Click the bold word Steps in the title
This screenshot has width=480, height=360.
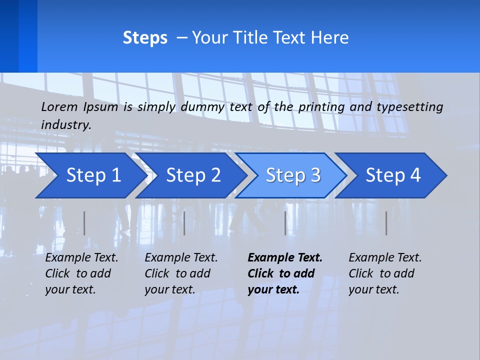pyautogui.click(x=145, y=38)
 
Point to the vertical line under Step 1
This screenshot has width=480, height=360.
pyautogui.click(x=84, y=223)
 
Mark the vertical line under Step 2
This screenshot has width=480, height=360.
pyautogui.click(x=184, y=223)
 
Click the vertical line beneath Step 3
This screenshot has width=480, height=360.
pyautogui.click(x=285, y=223)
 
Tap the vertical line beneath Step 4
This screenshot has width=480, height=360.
pyautogui.click(x=386, y=223)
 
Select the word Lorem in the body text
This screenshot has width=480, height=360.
pyautogui.click(x=59, y=106)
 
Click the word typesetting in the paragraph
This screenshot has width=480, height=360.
pyautogui.click(x=409, y=106)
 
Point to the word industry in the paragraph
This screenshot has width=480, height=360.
pyautogui.click(x=66, y=124)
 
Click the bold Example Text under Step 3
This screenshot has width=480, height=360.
pyautogui.click(x=285, y=257)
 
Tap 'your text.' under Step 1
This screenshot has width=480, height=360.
pyautogui.click(x=70, y=289)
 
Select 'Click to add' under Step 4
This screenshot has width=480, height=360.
pyautogui.click(x=381, y=273)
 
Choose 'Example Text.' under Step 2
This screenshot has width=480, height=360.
pyautogui.click(x=181, y=257)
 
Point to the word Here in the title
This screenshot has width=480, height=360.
pyautogui.click(x=329, y=38)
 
